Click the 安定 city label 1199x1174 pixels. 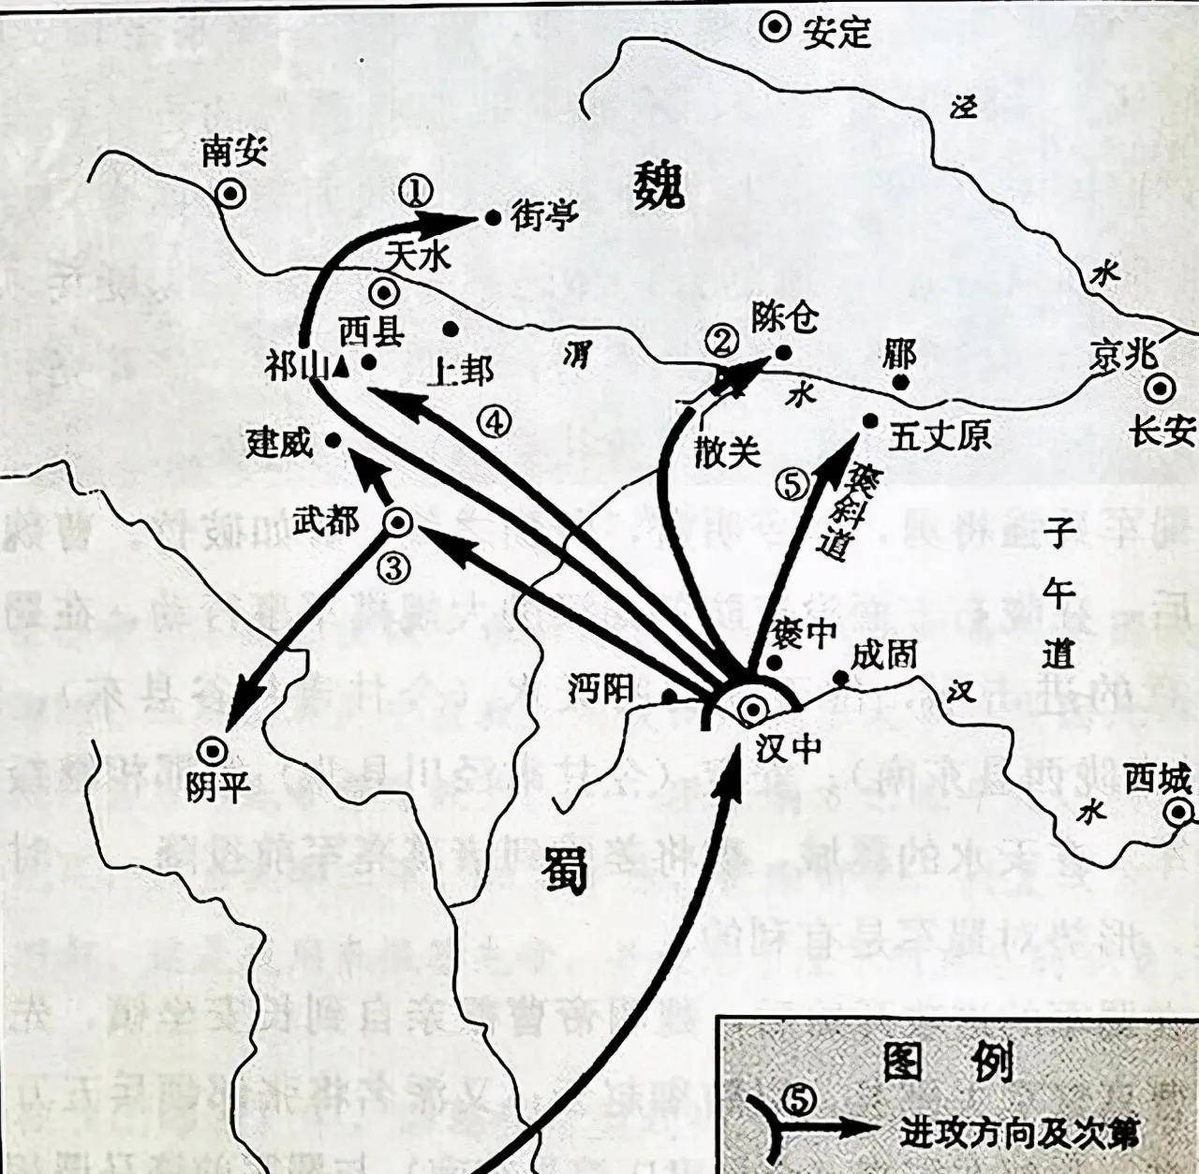coord(837,33)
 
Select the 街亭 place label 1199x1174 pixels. coord(544,217)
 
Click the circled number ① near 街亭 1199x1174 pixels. coord(415,192)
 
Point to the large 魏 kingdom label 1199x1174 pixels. coord(659,184)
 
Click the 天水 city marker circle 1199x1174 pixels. coord(383,293)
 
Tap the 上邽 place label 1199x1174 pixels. coord(459,372)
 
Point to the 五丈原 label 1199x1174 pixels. coord(939,437)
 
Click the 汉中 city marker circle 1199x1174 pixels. coord(752,711)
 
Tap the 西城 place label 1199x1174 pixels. coord(1158,779)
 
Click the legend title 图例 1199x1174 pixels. coord(948,1062)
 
